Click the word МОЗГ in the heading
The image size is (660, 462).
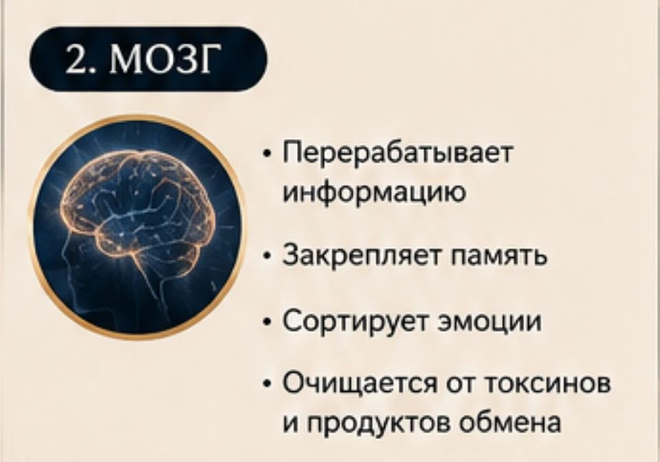pos(165,59)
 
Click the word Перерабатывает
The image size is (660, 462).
pos(398,154)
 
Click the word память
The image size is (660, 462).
pos(499,256)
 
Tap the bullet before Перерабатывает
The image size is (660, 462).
pos(265,155)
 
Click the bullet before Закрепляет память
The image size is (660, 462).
pos(265,256)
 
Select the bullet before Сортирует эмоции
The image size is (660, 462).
pos(265,322)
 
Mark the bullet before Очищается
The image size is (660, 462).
pos(265,385)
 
